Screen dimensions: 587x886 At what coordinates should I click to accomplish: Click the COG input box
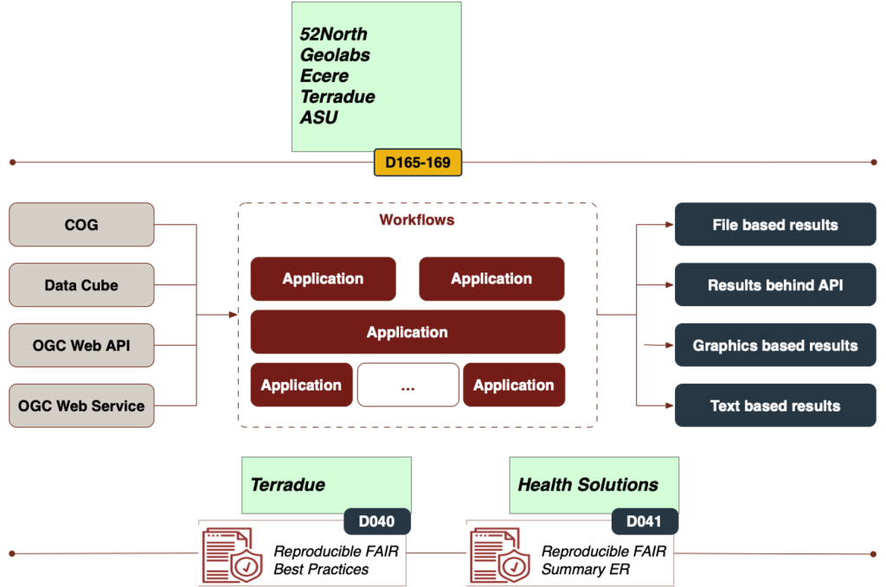point(81,225)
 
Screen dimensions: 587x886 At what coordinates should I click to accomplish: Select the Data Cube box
point(81,285)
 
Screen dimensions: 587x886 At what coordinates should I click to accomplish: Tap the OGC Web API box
point(81,346)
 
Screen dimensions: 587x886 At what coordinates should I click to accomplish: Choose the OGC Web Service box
point(81,405)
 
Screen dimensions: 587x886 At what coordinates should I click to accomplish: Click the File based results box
point(775,225)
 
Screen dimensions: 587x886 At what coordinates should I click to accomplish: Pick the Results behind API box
point(775,285)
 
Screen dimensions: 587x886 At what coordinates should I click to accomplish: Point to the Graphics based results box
point(775,346)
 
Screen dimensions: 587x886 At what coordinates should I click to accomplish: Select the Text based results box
point(775,405)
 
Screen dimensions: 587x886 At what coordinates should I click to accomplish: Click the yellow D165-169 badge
point(418,163)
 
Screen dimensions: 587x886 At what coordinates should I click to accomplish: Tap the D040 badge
point(376,521)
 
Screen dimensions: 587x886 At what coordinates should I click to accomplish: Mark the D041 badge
point(644,521)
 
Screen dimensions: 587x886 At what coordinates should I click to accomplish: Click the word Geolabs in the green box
point(335,55)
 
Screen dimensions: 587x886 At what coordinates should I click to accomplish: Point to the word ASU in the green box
point(318,118)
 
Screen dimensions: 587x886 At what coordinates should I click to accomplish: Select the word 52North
point(333,35)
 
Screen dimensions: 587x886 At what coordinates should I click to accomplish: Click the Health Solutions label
point(587,485)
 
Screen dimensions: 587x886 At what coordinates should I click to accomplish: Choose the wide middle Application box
point(408,332)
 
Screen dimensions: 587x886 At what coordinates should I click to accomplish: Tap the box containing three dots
point(408,386)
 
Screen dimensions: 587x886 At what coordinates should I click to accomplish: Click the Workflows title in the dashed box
point(417,220)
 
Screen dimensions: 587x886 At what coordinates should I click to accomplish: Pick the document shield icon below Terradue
point(232,555)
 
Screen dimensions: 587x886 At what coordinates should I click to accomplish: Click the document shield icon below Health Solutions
point(500,555)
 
